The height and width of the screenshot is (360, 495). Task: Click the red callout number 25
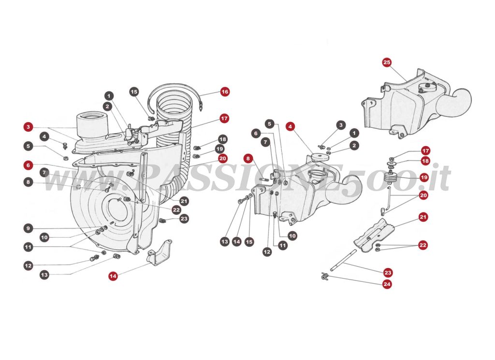tap(387, 62)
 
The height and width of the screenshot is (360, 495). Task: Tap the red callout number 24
tap(387, 284)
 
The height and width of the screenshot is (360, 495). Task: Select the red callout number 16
tap(224, 91)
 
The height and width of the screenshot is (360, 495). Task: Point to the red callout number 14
tap(113, 276)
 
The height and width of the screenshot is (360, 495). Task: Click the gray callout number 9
tap(29, 228)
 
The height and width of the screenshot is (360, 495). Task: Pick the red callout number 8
tap(248, 158)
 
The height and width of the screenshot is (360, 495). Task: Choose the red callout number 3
tap(29, 127)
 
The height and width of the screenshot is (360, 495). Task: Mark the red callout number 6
tap(29, 165)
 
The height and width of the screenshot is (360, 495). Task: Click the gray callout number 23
tap(184, 219)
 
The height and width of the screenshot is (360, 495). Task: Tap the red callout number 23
tap(388, 272)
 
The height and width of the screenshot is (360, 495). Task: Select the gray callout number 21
tap(184, 200)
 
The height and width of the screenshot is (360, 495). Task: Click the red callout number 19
tap(423, 177)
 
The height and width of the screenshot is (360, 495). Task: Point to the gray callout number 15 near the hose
tap(134, 91)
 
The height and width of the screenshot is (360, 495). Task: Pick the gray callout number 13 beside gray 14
tap(224, 240)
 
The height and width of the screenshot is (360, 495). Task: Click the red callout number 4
tap(290, 127)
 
